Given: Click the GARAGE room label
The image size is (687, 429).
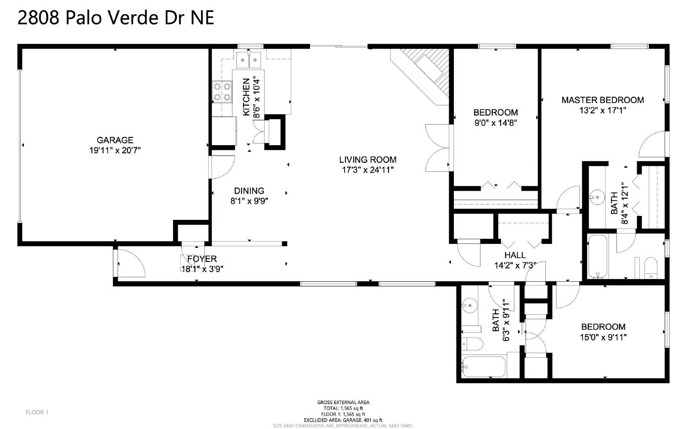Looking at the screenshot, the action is point(115,140).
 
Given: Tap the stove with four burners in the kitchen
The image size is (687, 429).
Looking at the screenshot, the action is point(222,92).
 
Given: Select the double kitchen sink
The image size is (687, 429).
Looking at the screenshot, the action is point(249,60).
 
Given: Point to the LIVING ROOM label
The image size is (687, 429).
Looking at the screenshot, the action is point(368,160).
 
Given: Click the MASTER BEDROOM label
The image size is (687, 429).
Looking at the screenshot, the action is point(603,100).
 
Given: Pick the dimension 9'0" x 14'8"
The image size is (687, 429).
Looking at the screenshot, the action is point(495,123).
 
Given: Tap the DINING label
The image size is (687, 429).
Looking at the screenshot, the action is point(249,191).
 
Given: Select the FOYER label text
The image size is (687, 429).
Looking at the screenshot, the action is point(202,259).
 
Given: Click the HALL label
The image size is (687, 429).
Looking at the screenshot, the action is point(515,255).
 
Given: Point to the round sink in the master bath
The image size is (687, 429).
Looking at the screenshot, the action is point(597,197).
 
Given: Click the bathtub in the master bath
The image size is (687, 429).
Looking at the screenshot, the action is point(597,257).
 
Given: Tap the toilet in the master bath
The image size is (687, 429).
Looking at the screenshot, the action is point(651,268).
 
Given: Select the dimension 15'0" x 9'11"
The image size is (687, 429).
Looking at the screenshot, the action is point(603,337).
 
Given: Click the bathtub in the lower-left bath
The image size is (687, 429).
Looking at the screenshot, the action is point(483,366).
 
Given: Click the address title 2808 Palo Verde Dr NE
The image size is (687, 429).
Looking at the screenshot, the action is point(116,18).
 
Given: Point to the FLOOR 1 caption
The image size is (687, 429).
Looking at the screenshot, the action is point(37,412).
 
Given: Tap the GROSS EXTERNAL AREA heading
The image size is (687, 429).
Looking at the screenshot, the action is point(343,402).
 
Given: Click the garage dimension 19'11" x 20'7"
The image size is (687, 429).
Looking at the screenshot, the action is point(115,151).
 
